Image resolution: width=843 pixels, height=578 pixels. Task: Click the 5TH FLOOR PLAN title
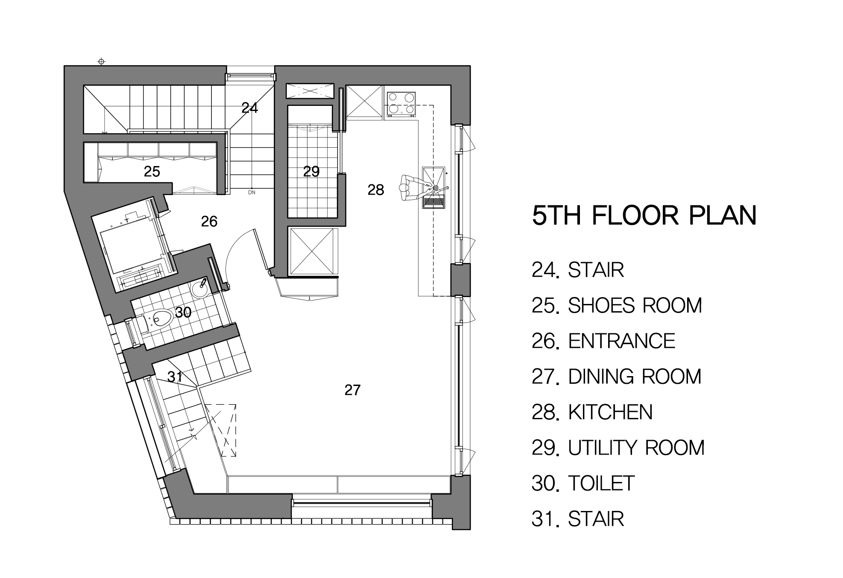pyautogui.click(x=644, y=216)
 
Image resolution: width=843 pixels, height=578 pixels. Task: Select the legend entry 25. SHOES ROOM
pyautogui.click(x=617, y=306)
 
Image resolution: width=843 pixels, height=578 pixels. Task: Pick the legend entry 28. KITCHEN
pyautogui.click(x=592, y=412)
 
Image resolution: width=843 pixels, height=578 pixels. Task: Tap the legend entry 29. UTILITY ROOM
pyautogui.click(x=618, y=448)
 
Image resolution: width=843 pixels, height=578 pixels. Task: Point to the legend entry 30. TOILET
pyautogui.click(x=583, y=483)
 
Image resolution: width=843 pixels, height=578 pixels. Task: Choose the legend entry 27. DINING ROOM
pyautogui.click(x=616, y=377)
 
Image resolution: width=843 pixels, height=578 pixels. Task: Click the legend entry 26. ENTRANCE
pyautogui.click(x=603, y=341)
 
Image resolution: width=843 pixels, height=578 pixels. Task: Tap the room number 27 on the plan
pyautogui.click(x=352, y=390)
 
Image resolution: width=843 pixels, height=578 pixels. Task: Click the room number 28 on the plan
pyautogui.click(x=376, y=190)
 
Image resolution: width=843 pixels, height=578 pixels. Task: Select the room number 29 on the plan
pyautogui.click(x=311, y=172)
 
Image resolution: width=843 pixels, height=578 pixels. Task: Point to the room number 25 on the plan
pyautogui.click(x=152, y=172)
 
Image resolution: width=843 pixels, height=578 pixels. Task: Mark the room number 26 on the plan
pyautogui.click(x=209, y=221)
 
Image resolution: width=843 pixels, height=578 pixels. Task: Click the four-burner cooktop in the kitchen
pyautogui.click(x=401, y=104)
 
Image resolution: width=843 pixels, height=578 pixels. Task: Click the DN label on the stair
pyautogui.click(x=252, y=193)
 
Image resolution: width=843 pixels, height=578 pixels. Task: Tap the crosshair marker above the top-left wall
pyautogui.click(x=101, y=61)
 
